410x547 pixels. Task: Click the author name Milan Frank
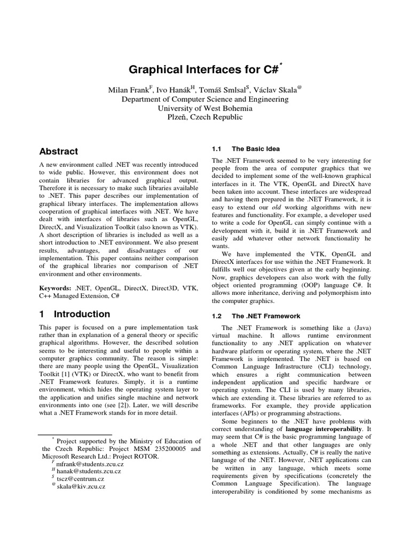[126, 89]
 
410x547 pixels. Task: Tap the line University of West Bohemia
[205, 108]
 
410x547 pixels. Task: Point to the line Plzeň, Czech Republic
[205, 117]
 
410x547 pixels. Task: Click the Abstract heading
[59, 151]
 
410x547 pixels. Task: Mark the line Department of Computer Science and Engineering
[205, 99]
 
